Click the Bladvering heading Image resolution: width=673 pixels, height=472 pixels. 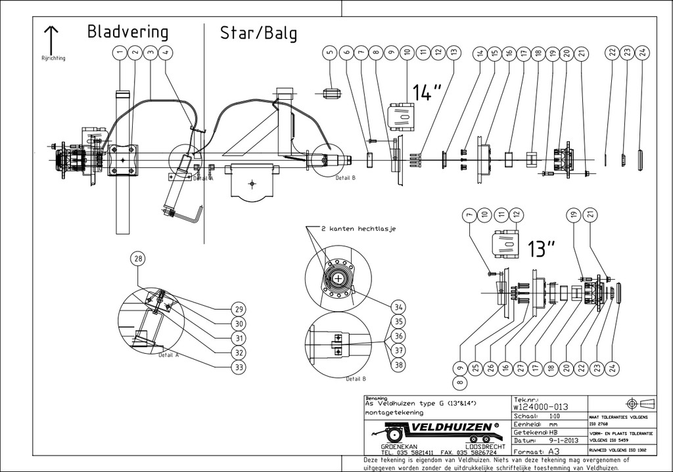[128, 32]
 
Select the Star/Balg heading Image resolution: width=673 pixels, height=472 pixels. [258, 33]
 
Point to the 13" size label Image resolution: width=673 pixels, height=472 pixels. [541, 248]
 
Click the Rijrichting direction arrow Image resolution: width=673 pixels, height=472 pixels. [52, 37]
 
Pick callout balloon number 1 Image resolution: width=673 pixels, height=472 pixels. [120, 52]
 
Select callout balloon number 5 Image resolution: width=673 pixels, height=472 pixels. [331, 52]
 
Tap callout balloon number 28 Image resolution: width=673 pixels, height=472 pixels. [137, 259]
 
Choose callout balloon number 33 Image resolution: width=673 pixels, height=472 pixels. [239, 367]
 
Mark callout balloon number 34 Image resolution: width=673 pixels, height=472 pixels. [398, 307]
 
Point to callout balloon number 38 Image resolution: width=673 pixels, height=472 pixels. [398, 364]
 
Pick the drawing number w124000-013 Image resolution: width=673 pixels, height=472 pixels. [540, 407]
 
